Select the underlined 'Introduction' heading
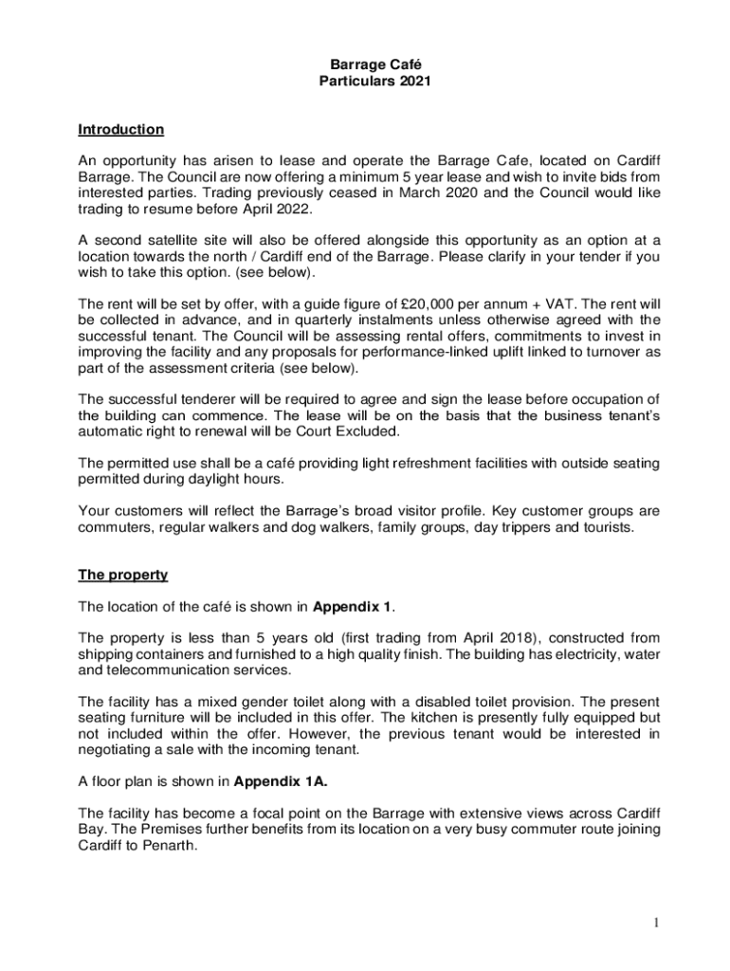[120, 129]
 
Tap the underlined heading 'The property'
[122, 575]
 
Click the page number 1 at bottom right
[654, 923]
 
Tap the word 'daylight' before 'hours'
[202, 480]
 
